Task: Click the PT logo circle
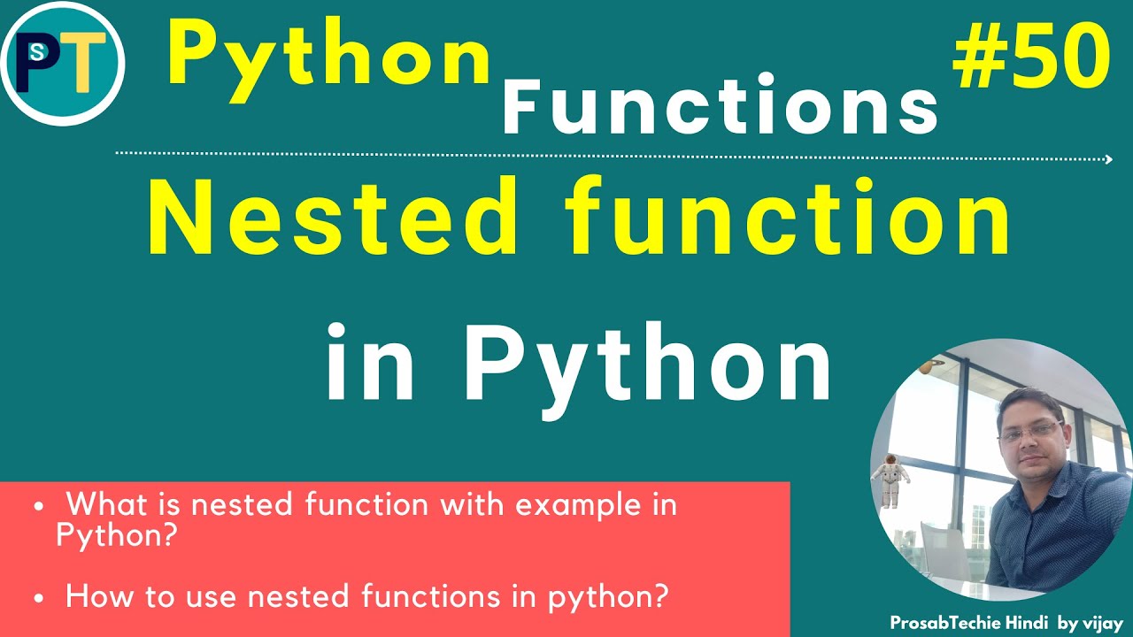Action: click(63, 63)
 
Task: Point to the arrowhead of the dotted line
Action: click(1108, 159)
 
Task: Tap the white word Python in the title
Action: click(648, 364)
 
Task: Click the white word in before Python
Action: click(370, 364)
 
